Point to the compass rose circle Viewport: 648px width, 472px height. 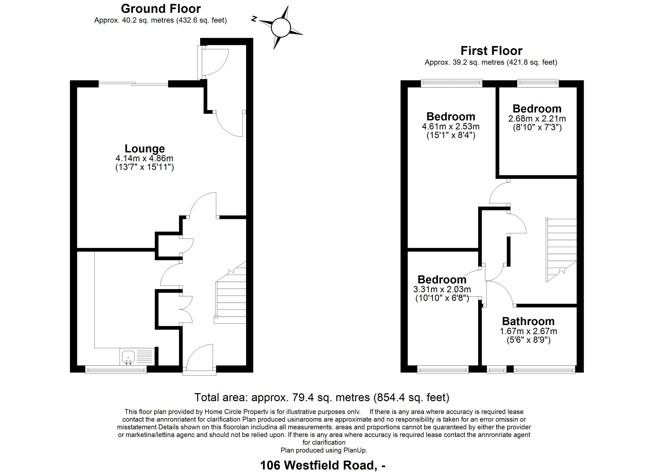tap(281, 28)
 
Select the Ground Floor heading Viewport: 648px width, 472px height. tap(161, 9)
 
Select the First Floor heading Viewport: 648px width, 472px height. tap(491, 51)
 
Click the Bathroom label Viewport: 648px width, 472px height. tap(528, 321)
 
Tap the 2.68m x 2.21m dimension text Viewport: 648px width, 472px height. tap(537, 119)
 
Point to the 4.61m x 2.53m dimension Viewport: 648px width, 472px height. tap(451, 126)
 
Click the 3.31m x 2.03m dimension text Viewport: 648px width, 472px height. tap(442, 289)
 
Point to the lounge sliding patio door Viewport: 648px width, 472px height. tap(133, 84)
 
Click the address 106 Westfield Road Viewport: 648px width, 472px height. tap(317, 465)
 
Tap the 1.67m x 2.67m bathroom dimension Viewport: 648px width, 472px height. tap(528, 331)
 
